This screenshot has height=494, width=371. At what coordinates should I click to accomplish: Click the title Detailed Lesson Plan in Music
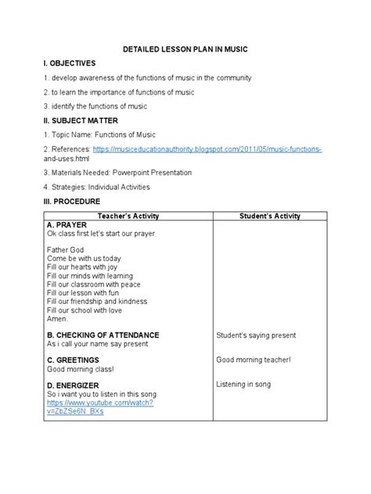(x=185, y=49)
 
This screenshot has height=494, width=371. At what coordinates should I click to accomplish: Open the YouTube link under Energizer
(x=99, y=402)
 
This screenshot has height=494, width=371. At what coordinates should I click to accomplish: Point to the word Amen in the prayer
(x=58, y=318)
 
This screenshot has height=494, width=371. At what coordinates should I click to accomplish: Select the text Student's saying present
(x=256, y=335)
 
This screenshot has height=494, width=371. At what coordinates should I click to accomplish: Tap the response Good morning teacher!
(x=253, y=360)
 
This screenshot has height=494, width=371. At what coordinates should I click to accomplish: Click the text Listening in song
(x=245, y=385)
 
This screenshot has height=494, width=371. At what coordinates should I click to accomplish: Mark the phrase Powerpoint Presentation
(x=153, y=172)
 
